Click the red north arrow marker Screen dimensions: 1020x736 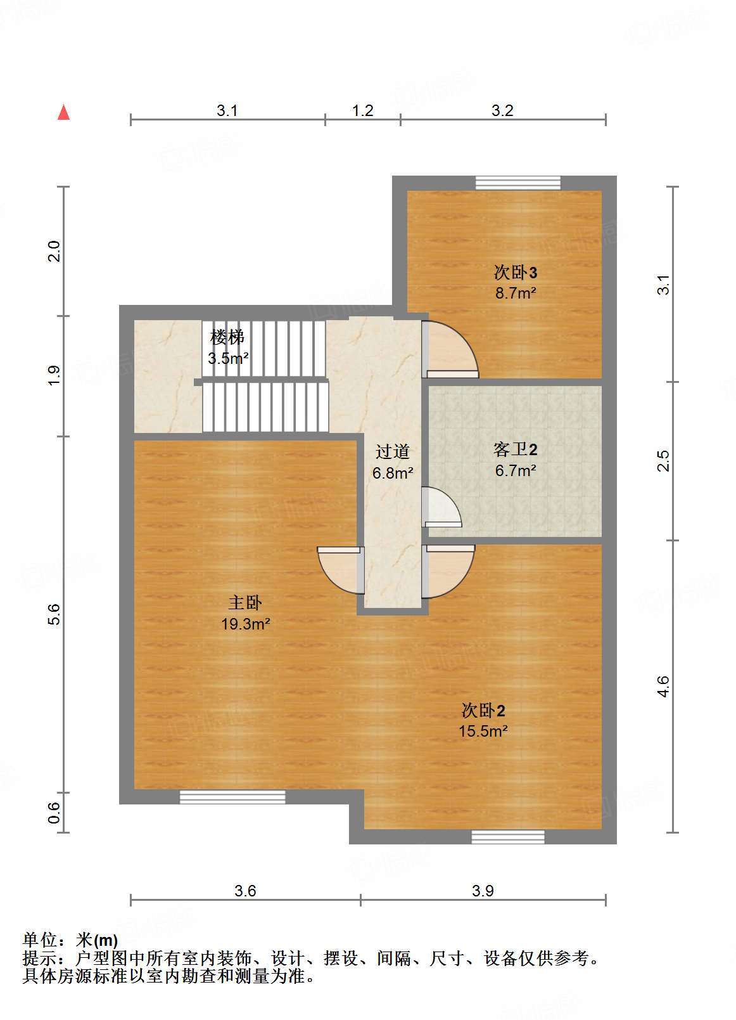[x=63, y=112]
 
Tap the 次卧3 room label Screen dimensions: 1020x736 [x=516, y=273]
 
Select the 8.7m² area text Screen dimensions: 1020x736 [x=516, y=293]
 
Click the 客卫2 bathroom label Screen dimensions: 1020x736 [x=516, y=449]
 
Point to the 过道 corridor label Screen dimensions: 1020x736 [x=393, y=451]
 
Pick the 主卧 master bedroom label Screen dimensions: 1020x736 [x=245, y=602]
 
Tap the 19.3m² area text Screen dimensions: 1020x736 [x=246, y=624]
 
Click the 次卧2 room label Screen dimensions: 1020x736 [x=483, y=710]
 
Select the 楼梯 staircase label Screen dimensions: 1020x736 [x=227, y=337]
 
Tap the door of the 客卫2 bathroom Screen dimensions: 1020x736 [x=441, y=508]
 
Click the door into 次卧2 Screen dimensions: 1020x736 [x=448, y=570]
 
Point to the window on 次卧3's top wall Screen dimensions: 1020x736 [x=518, y=183]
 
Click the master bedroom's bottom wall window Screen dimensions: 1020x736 [x=232, y=797]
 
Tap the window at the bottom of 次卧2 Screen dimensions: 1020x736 [x=508, y=837]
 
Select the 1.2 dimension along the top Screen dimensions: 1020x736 [x=363, y=110]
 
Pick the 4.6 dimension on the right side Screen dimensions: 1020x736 [x=663, y=687]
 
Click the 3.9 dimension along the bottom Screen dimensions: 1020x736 [x=483, y=891]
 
